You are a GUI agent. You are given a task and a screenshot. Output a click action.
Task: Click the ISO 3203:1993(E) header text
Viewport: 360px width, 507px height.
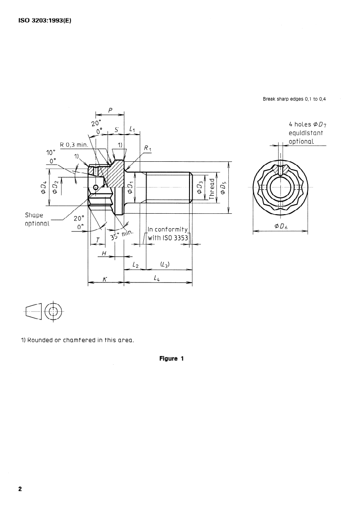click(x=44, y=20)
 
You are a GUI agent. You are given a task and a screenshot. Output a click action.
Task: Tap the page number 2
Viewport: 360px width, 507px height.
click(x=20, y=489)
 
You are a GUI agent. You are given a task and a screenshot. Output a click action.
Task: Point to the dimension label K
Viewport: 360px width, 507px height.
click(x=104, y=279)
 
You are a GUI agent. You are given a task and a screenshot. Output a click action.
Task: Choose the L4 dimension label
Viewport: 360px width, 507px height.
click(x=157, y=279)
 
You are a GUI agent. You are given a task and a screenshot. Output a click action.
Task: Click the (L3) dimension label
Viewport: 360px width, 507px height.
click(x=165, y=263)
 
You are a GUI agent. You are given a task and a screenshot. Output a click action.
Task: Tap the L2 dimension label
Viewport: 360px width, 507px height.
click(x=135, y=263)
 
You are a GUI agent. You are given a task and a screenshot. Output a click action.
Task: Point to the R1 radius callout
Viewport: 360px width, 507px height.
click(x=147, y=148)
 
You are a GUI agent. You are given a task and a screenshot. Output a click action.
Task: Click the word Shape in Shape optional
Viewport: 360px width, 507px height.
click(x=34, y=216)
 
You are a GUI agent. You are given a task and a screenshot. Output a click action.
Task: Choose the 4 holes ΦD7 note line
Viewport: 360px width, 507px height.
click(x=306, y=124)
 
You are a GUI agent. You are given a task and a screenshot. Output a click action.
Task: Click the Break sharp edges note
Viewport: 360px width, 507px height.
click(x=294, y=99)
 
